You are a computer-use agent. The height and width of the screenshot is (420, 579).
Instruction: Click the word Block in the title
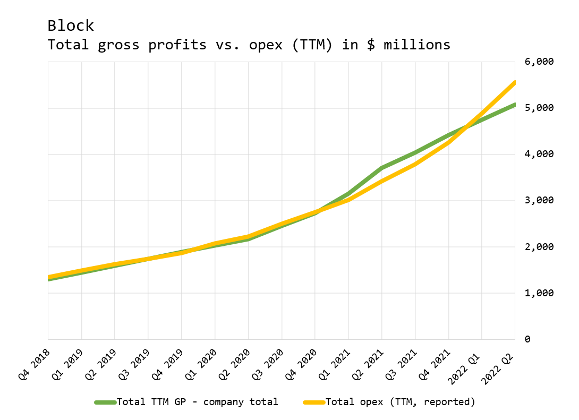[71, 26]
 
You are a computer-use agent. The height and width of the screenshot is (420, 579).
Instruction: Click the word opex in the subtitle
[266, 45]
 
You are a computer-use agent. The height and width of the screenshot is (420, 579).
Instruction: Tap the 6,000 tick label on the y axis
[539, 62]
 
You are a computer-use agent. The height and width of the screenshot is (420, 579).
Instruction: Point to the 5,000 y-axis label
[539, 108]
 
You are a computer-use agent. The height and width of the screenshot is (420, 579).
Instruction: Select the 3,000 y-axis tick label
[539, 200]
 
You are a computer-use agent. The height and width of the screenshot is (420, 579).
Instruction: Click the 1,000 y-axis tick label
[539, 293]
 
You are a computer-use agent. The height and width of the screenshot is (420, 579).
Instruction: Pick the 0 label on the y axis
[527, 339]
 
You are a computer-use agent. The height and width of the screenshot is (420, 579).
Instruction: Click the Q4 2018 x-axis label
[34, 365]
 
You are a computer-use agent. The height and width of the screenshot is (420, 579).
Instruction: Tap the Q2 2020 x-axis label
[234, 365]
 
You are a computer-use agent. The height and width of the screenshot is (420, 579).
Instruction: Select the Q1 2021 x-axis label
[334, 365]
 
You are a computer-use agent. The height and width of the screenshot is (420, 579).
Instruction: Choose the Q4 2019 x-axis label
[167, 365]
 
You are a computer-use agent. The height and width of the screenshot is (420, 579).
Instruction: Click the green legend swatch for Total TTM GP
[105, 402]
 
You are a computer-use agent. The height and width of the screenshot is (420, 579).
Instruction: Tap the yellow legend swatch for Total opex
[314, 402]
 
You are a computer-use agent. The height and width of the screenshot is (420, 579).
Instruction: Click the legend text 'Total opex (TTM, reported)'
[401, 402]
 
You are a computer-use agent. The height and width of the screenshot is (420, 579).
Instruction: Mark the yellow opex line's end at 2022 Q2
[514, 83]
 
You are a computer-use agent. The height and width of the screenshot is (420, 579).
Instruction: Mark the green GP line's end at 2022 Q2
[514, 105]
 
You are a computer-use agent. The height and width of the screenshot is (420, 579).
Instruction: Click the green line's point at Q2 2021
[382, 168]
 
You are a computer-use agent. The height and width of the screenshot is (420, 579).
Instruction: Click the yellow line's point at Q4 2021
[449, 142]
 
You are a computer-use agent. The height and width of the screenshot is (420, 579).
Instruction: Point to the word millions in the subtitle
[417, 45]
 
